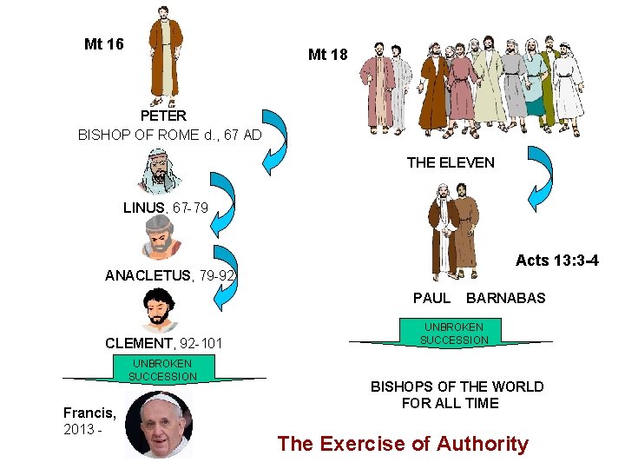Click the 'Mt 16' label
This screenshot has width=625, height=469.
(103, 44)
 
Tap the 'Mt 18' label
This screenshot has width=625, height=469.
(327, 55)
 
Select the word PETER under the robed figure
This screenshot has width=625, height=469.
(163, 115)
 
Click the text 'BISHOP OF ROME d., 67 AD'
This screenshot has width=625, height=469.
(169, 135)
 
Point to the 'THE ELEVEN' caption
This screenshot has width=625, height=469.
(451, 162)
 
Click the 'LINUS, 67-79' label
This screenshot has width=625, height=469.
(166, 208)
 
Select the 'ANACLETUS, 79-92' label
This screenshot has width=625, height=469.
(170, 276)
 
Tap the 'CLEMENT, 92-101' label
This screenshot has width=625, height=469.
(163, 344)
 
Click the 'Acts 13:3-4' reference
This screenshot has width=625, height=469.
(556, 261)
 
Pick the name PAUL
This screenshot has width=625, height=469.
(431, 298)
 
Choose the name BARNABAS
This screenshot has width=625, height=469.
(506, 298)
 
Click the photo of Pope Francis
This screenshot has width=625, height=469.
(159, 424)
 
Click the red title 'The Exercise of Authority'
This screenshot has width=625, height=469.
(403, 444)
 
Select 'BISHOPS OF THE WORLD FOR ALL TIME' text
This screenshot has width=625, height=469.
(457, 394)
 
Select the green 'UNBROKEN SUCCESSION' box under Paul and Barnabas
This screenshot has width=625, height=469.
(454, 334)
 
